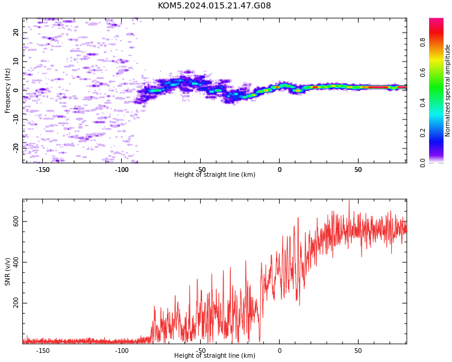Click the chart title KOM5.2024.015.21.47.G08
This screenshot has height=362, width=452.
[x=214, y=5]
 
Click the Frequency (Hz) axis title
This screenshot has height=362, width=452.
[x=7, y=91]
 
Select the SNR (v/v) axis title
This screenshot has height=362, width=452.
[x=7, y=271]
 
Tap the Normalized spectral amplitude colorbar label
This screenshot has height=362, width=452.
[x=447, y=91]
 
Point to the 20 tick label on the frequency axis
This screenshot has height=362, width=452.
[x=16, y=33]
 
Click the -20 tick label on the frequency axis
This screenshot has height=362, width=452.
[x=16, y=148]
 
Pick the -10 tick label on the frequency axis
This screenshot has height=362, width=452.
[x=16, y=119]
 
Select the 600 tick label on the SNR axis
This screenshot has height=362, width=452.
[x=16, y=221]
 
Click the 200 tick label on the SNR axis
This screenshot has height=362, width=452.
[x=16, y=303]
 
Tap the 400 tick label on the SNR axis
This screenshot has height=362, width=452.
[x=16, y=262]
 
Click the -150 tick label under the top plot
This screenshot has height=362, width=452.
[x=43, y=170]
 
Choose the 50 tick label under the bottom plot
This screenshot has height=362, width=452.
[x=358, y=351]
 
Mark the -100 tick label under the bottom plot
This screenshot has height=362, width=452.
[x=122, y=351]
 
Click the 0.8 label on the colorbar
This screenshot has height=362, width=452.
[x=422, y=42]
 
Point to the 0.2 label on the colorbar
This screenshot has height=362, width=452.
[x=422, y=133]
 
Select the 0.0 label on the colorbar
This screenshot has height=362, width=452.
[x=422, y=163]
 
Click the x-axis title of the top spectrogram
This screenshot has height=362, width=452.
[x=215, y=174]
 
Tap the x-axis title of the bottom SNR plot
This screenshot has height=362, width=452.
[x=215, y=355]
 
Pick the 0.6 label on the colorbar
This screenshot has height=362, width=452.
[x=422, y=72]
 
